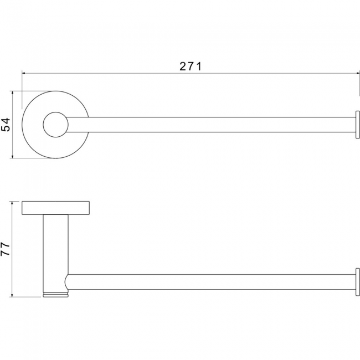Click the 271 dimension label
click(191, 66)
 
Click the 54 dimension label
click(6, 125)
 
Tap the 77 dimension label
click(5, 249)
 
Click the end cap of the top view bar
click(358, 125)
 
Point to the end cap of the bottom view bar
click(358, 282)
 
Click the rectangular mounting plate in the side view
click(55, 208)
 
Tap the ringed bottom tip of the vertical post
click(55, 295)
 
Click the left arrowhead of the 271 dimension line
click(23, 74)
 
